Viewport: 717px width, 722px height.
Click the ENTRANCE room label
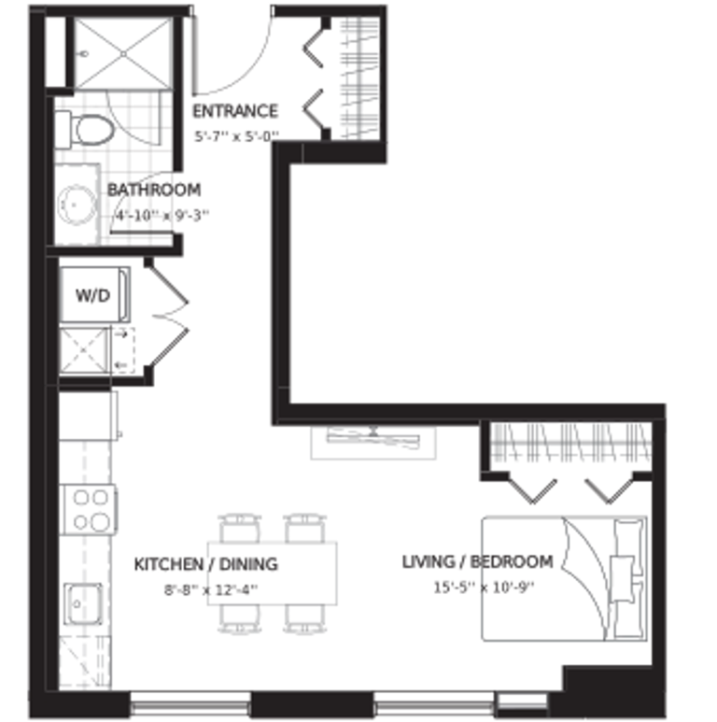(x=235, y=111)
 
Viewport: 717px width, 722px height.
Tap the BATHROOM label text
(x=154, y=190)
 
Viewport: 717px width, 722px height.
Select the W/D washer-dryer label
(x=93, y=295)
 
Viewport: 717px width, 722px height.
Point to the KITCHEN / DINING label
(x=205, y=564)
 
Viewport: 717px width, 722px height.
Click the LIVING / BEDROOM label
(x=478, y=561)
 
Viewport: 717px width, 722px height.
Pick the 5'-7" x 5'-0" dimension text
(x=237, y=136)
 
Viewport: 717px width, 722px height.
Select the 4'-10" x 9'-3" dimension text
(x=162, y=215)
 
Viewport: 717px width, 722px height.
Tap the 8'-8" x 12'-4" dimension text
(x=211, y=589)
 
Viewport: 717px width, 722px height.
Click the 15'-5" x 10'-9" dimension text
(x=484, y=588)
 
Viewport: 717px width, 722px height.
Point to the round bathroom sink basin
(x=77, y=205)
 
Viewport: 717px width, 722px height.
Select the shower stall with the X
(x=123, y=53)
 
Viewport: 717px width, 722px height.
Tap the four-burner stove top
(x=89, y=510)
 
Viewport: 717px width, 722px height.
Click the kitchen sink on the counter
(x=83, y=603)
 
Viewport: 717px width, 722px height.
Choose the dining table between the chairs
(x=272, y=573)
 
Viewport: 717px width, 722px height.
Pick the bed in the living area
(x=564, y=578)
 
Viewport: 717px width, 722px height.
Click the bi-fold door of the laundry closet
(x=168, y=316)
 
